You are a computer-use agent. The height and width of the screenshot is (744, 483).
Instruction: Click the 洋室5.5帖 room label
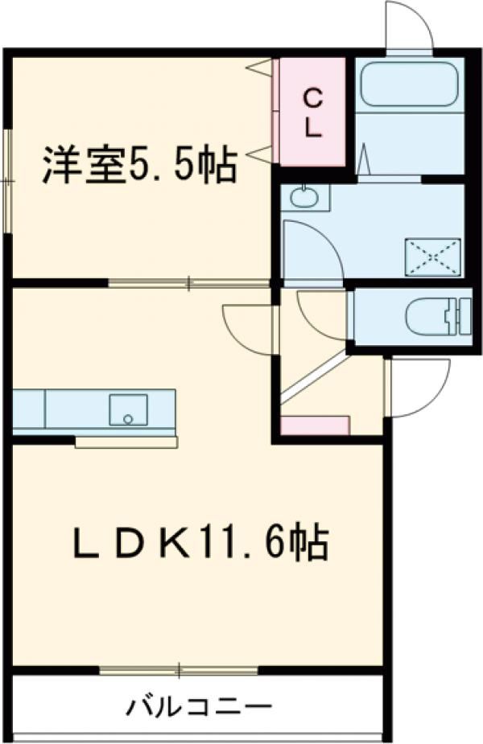[138, 165]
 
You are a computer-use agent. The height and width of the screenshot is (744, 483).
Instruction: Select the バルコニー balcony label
[198, 708]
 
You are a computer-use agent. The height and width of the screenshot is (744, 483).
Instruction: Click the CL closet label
[314, 113]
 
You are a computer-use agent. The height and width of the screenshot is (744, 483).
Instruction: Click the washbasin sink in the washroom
[304, 198]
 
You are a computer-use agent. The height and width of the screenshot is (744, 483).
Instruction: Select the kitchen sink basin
[128, 409]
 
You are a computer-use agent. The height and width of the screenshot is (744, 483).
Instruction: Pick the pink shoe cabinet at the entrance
[315, 425]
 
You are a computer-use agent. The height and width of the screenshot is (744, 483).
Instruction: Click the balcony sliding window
[179, 668]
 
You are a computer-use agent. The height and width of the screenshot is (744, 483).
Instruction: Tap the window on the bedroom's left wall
[8, 180]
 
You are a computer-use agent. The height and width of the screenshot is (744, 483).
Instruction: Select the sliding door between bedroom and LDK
[188, 283]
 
